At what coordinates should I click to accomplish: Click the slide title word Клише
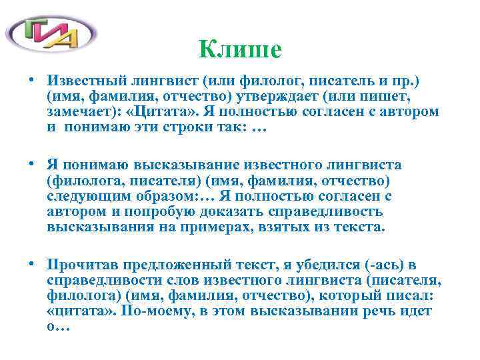pos(240,48)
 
